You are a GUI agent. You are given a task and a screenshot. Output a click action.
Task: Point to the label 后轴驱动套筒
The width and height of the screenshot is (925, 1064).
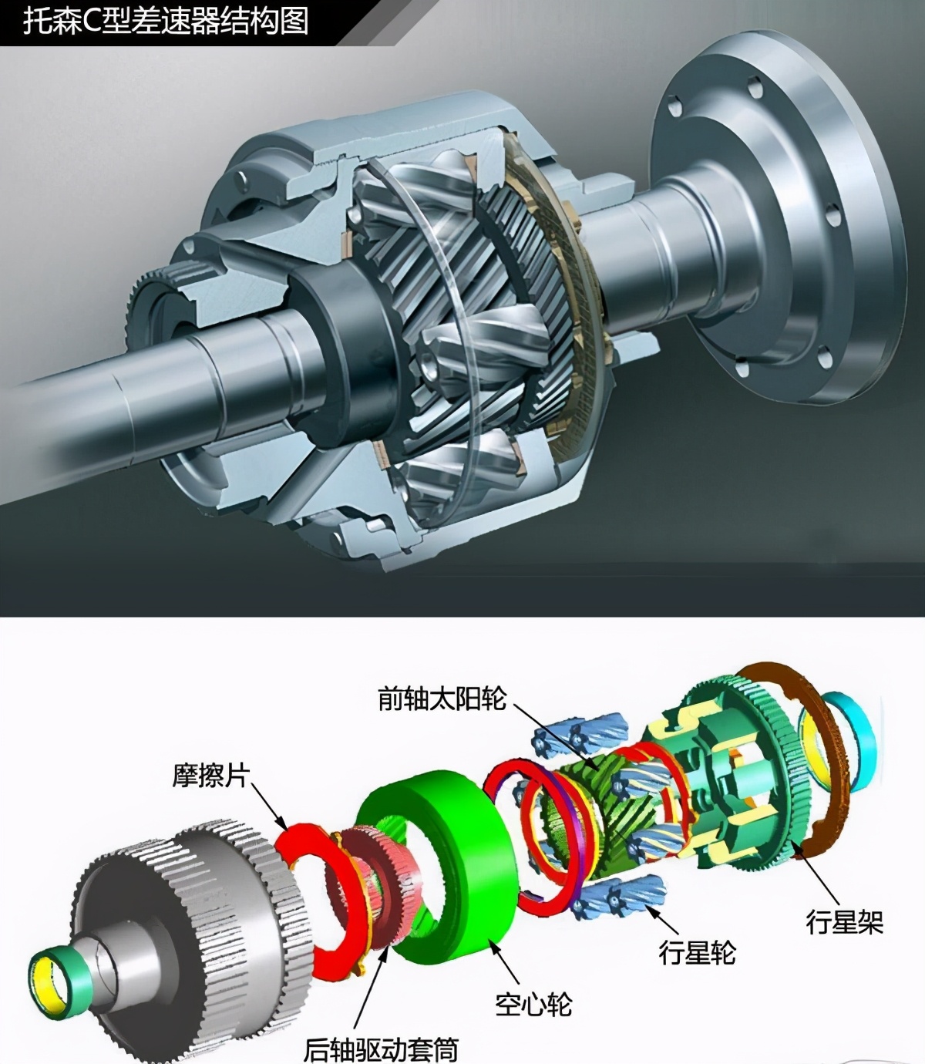coord(381,1049)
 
